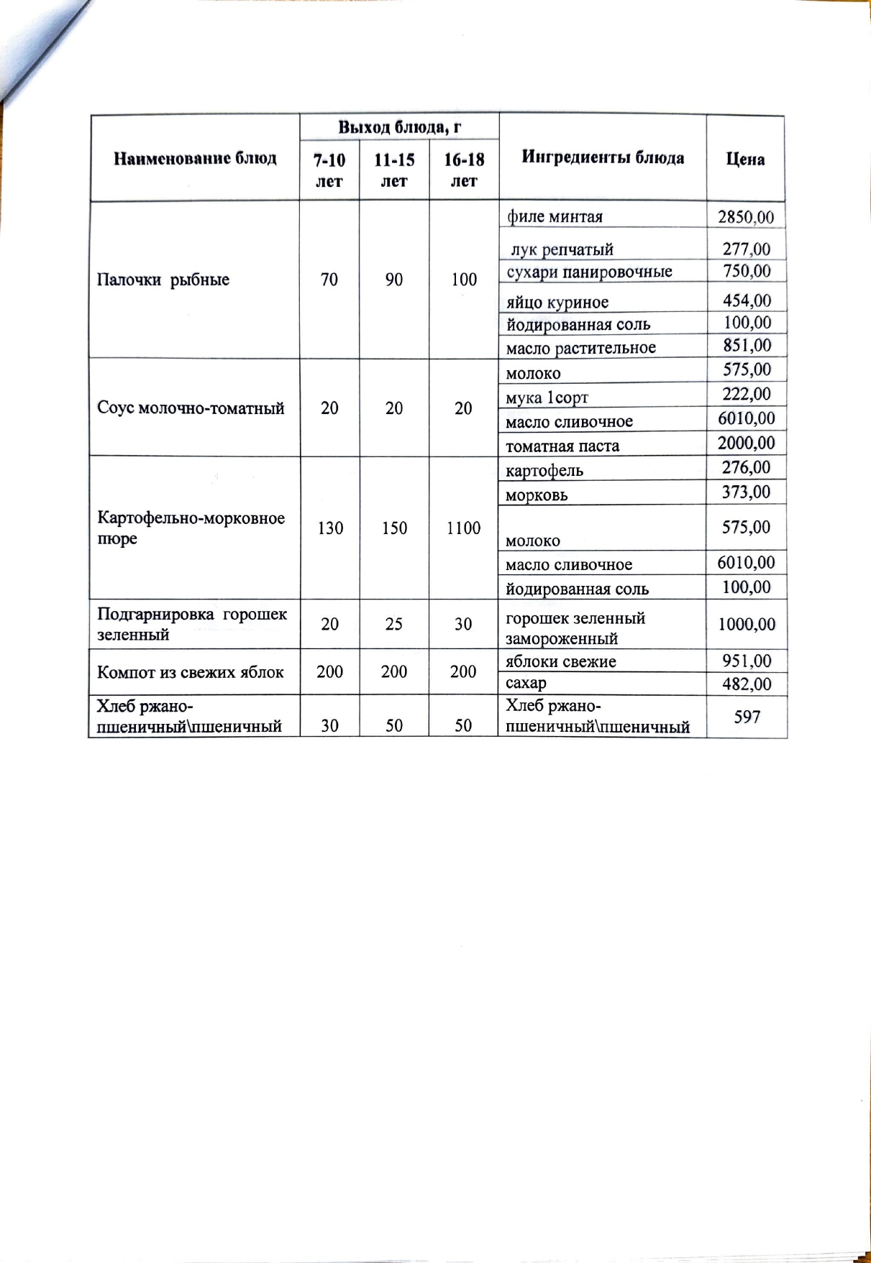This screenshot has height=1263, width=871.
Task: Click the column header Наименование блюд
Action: [x=195, y=158]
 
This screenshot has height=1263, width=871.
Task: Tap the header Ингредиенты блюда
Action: [x=603, y=157]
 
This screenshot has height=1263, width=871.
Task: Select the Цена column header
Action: [x=745, y=159]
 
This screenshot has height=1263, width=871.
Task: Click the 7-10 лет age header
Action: [x=329, y=170]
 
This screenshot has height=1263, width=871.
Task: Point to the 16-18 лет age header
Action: [x=464, y=170]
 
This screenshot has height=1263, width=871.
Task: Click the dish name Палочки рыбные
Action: [x=163, y=280]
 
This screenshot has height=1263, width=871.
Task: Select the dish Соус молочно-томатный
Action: [x=191, y=408]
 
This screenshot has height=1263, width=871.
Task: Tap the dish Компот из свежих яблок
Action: [x=191, y=672]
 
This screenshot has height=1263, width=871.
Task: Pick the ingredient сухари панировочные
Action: [x=589, y=272]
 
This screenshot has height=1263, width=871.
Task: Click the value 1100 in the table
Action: [x=463, y=528]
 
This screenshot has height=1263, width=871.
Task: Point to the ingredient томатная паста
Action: [x=562, y=446]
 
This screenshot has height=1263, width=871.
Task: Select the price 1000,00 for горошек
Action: [x=747, y=624]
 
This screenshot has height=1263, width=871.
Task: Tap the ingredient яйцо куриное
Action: [x=557, y=303]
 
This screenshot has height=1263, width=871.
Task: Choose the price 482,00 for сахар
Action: [x=747, y=684]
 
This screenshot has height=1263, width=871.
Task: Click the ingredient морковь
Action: [x=537, y=495]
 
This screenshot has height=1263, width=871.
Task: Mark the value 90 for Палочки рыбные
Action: [x=393, y=280]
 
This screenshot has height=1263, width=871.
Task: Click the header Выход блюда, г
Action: [x=399, y=128]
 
